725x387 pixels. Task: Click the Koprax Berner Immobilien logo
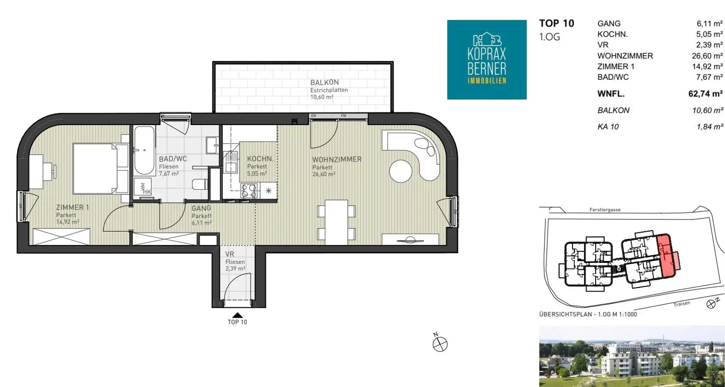tap(487, 59)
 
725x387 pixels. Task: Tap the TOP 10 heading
tap(556, 23)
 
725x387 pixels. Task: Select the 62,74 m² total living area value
tap(705, 94)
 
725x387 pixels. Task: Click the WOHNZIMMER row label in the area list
tap(625, 56)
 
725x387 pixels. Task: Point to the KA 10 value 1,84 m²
tap(709, 126)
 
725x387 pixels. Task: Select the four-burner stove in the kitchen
tap(249, 191)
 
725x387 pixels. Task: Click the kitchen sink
tap(231, 163)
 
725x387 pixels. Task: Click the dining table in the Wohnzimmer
tap(336, 222)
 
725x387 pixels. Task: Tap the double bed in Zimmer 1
tap(101, 168)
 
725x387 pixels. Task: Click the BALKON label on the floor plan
tap(324, 83)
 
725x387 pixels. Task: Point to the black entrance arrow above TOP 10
tap(237, 315)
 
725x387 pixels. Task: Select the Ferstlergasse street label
tap(605, 210)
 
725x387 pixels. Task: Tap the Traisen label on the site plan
tap(682, 304)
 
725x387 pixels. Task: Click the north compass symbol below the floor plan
tap(440, 343)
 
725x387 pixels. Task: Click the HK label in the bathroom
tap(147, 192)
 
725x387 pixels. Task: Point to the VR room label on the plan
tap(229, 254)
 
